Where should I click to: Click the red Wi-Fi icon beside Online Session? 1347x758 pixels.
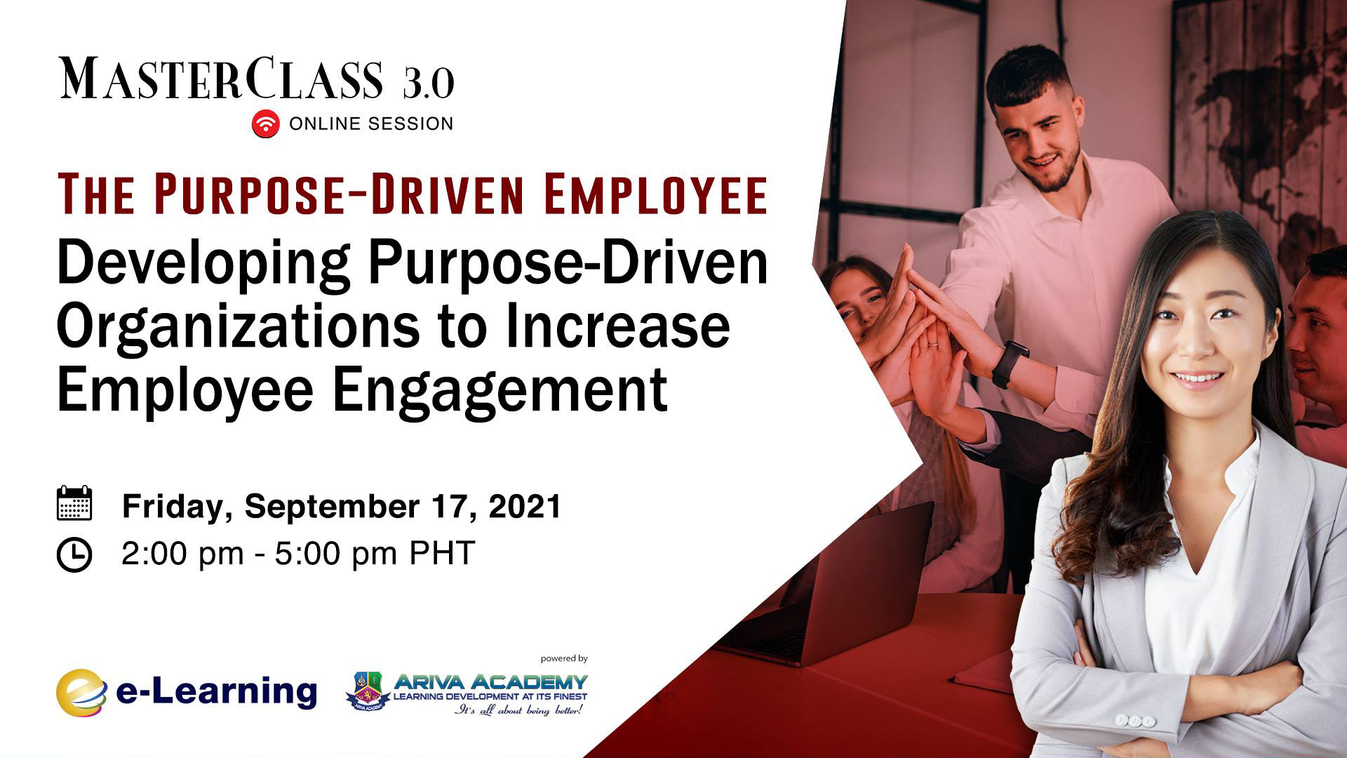click(266, 124)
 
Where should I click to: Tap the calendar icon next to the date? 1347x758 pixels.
click(74, 503)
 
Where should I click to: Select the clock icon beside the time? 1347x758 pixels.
click(74, 554)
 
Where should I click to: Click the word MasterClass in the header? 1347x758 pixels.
click(222, 79)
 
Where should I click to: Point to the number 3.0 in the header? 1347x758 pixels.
click(429, 83)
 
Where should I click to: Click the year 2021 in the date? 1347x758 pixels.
click(525, 506)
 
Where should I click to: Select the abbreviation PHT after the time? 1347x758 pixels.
click(442, 553)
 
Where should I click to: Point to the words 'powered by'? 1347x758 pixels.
click(564, 659)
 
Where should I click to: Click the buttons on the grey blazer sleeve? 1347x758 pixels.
click(1134, 721)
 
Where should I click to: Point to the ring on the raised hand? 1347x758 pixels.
click(932, 343)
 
